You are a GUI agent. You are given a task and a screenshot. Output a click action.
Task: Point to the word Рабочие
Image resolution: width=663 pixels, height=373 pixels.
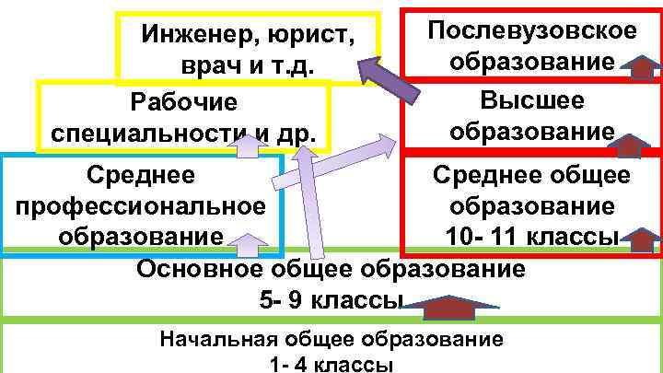(x=184, y=101)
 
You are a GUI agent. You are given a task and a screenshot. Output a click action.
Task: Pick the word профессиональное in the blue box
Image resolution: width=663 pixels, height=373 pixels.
(x=141, y=204)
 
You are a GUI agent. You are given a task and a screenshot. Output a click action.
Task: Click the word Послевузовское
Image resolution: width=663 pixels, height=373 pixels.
(x=532, y=29)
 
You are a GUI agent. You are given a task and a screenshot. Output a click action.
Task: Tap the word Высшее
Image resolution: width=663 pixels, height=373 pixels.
(x=532, y=99)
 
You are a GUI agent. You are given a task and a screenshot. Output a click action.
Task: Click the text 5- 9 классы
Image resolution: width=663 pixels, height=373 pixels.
(x=332, y=301)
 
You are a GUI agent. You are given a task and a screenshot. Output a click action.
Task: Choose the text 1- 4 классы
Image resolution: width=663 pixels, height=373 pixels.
(x=332, y=364)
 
